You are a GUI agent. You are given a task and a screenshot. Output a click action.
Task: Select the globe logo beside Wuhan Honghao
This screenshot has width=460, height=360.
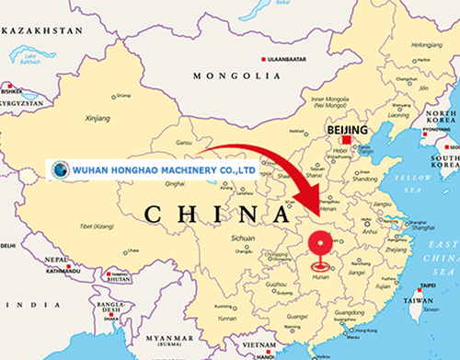click(60, 169)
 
